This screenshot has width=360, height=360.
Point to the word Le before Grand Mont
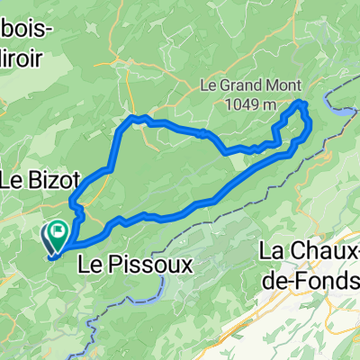tap(208, 87)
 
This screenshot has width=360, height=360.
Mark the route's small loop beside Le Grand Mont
tap(298, 124)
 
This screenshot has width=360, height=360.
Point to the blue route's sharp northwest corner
tap(133, 118)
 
